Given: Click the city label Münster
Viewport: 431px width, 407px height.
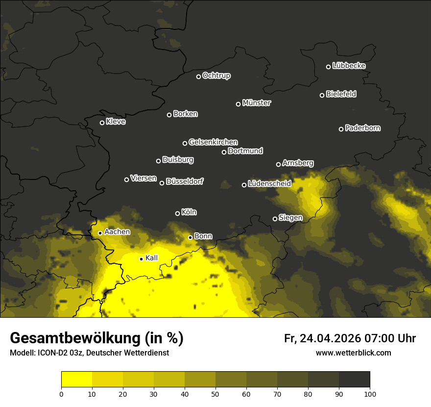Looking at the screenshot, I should [x=256, y=103].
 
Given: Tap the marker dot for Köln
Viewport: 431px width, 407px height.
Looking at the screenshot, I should [x=177, y=213].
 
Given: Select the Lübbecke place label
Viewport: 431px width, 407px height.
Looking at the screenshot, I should [x=349, y=66].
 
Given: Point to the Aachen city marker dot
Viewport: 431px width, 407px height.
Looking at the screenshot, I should [x=100, y=233].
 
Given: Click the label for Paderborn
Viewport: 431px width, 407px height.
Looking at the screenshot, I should [x=362, y=128].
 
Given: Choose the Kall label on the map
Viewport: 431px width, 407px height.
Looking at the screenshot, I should [x=152, y=258].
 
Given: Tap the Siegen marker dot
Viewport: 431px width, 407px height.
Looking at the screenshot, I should [x=275, y=219].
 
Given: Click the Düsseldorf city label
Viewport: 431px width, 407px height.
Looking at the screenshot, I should [x=185, y=182].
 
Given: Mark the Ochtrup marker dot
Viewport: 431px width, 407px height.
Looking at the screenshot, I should [x=198, y=76].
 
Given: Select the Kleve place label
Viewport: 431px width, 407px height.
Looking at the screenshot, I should [x=116, y=122].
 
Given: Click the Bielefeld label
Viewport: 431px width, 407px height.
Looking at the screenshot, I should [x=341, y=94].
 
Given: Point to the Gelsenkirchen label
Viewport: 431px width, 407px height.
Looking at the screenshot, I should [x=213, y=142].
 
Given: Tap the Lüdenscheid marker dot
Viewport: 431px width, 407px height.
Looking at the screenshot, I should [x=244, y=185].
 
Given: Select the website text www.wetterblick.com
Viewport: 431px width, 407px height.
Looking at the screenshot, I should [x=353, y=353].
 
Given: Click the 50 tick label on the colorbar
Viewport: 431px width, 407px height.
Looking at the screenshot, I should [x=215, y=394].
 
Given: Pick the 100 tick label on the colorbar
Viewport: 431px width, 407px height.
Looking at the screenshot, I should [x=369, y=394].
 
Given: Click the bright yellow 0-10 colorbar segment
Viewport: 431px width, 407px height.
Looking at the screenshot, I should [x=77, y=380].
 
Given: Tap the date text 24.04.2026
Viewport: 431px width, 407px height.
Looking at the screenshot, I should [x=330, y=338].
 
